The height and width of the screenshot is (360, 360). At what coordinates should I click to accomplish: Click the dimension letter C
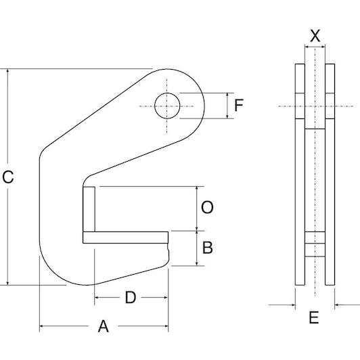tap(8, 177)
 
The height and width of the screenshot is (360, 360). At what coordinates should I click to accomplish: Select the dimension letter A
tap(104, 326)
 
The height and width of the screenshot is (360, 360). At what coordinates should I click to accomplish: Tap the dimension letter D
tap(131, 298)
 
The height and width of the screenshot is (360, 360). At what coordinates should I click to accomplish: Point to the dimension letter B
tap(208, 248)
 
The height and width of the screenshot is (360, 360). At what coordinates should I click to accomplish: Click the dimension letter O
tap(207, 207)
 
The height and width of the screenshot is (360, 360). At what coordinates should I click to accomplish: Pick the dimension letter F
tap(239, 105)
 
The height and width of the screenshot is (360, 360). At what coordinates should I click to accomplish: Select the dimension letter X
tap(315, 36)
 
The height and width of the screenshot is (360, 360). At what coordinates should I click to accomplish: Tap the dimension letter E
tap(314, 317)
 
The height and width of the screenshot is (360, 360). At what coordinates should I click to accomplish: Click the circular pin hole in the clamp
tap(167, 106)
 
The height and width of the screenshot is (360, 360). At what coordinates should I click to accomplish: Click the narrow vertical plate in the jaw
tap(89, 209)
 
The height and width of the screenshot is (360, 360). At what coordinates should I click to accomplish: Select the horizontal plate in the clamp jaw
tap(125, 238)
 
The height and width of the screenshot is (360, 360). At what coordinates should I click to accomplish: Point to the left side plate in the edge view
tap(300, 175)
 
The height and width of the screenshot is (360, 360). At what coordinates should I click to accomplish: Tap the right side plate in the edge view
tap(330, 175)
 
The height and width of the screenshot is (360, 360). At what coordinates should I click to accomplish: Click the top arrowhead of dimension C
tap(8, 70)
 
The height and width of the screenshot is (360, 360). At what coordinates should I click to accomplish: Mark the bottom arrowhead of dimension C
tap(8, 283)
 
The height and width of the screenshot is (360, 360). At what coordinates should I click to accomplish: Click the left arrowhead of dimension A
tap(42, 325)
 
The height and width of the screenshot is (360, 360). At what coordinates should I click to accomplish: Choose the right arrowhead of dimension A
tap(166, 325)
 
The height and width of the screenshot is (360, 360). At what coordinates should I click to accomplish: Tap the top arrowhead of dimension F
tap(227, 95)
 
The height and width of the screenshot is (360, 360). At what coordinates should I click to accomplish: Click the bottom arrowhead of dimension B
tap(197, 264)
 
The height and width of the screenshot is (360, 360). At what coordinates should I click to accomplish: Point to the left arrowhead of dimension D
tap(97, 298)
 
